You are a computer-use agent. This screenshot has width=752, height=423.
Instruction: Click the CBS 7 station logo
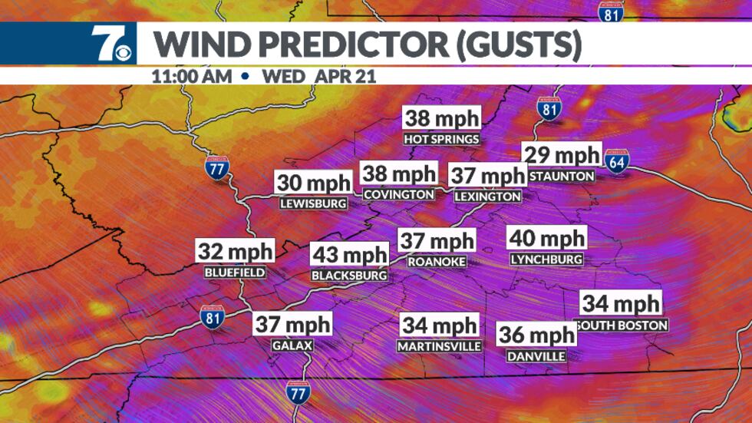pos(112,44)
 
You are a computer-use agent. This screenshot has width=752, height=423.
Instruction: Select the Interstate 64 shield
pos(616,160)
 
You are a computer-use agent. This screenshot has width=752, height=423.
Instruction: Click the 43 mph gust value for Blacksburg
pos(349,255)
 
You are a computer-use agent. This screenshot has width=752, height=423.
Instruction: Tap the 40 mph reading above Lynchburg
pos(548,239)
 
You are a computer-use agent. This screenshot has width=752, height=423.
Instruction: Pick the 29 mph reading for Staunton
pos(561,155)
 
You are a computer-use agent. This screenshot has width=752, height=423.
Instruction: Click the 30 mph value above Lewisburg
pos(313,183)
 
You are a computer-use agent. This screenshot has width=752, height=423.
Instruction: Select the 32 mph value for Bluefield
pos(235,251)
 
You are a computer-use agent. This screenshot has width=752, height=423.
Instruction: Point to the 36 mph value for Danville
pos(536,335)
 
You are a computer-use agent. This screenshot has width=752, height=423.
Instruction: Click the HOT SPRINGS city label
pos(442,139)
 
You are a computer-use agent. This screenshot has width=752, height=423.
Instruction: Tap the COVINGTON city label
pos(399,194)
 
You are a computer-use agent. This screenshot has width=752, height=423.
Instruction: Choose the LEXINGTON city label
pos(487,197)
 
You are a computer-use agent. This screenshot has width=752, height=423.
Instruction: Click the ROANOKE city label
pos(436,261)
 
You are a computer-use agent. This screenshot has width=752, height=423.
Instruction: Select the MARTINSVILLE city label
pos(439,346)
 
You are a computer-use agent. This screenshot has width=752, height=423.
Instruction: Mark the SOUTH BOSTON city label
pos(622,325)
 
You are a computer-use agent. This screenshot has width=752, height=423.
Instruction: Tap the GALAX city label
pos(292,345)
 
